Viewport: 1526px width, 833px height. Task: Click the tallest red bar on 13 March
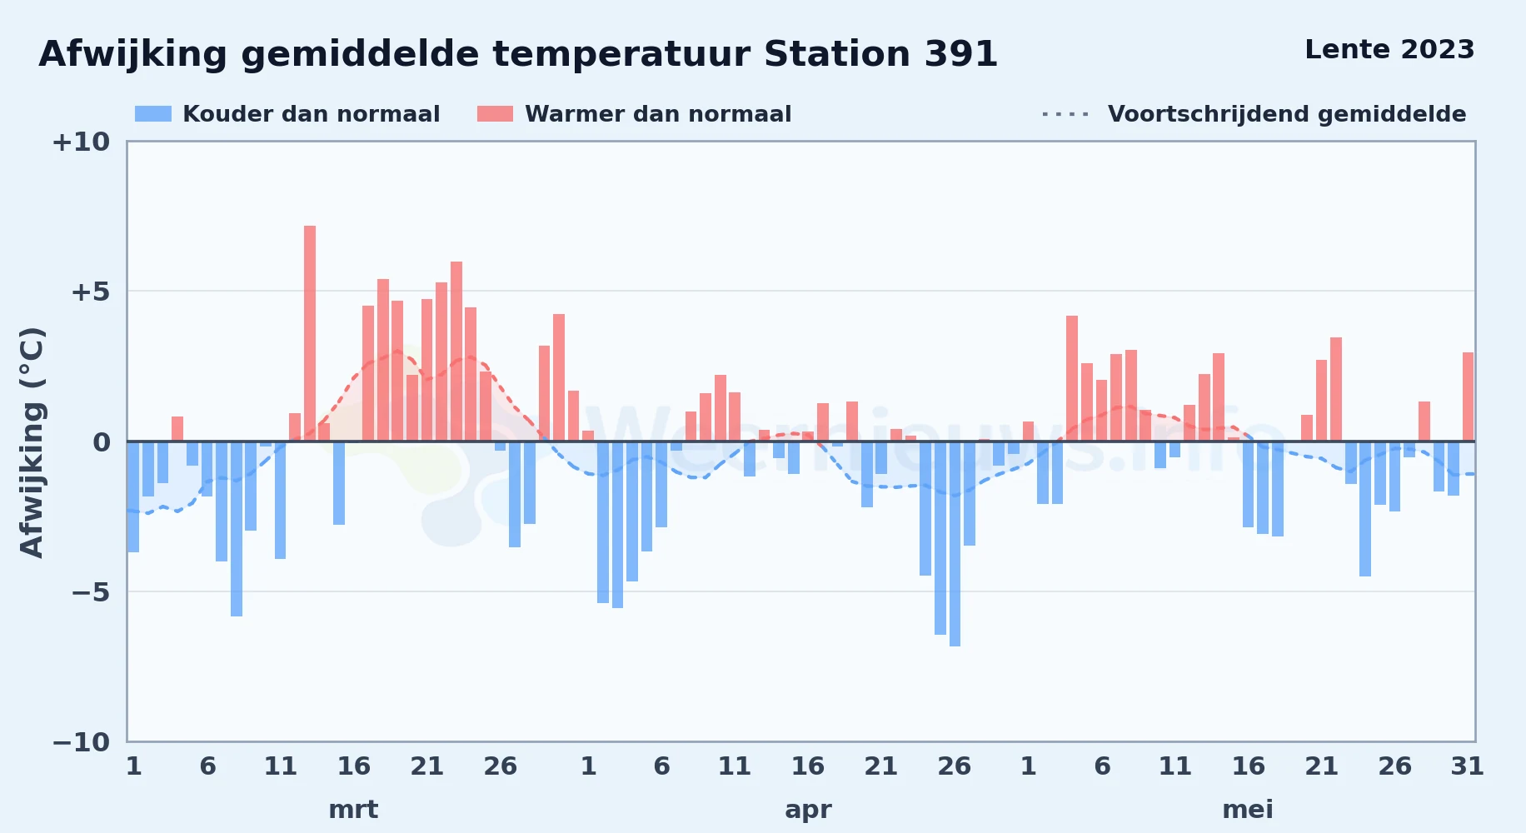[310, 333]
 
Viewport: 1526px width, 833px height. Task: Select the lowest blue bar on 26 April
[955, 544]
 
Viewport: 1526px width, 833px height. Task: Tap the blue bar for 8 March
[237, 529]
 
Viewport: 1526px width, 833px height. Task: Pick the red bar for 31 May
[1468, 397]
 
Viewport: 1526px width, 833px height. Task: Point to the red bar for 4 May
[1072, 378]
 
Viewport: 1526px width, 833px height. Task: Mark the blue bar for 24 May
[1365, 509]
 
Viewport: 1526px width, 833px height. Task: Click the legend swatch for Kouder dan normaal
[153, 114]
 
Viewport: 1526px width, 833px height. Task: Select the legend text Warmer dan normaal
[658, 114]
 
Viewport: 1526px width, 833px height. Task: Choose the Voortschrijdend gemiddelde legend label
[1287, 114]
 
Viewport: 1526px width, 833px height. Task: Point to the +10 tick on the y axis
[81, 142]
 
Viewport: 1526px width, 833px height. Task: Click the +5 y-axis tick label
[90, 292]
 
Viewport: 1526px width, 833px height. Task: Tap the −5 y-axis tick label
[90, 592]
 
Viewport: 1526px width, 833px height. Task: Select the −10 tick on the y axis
[81, 742]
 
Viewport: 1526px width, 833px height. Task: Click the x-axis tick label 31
[1468, 766]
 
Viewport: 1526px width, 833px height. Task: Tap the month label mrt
[353, 810]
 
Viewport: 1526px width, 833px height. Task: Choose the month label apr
[808, 811]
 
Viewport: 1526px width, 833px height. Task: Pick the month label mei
[1248, 810]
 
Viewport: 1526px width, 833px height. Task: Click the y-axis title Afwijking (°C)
[32, 441]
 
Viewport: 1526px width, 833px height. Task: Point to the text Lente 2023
[1389, 50]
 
